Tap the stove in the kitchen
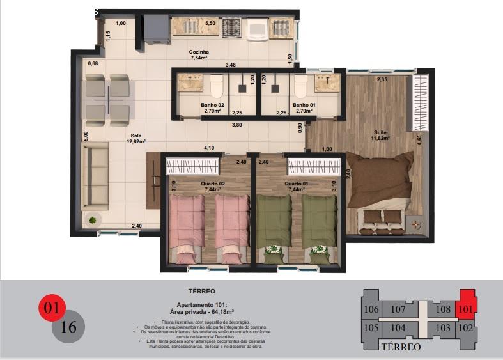point(231,27)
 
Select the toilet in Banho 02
point(216,85)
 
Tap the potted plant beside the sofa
point(93,220)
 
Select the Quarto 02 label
point(194,187)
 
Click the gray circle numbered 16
point(68,327)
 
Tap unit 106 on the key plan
point(371,309)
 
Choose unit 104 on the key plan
point(398,328)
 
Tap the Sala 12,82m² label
point(135,139)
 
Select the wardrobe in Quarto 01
point(313,167)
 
